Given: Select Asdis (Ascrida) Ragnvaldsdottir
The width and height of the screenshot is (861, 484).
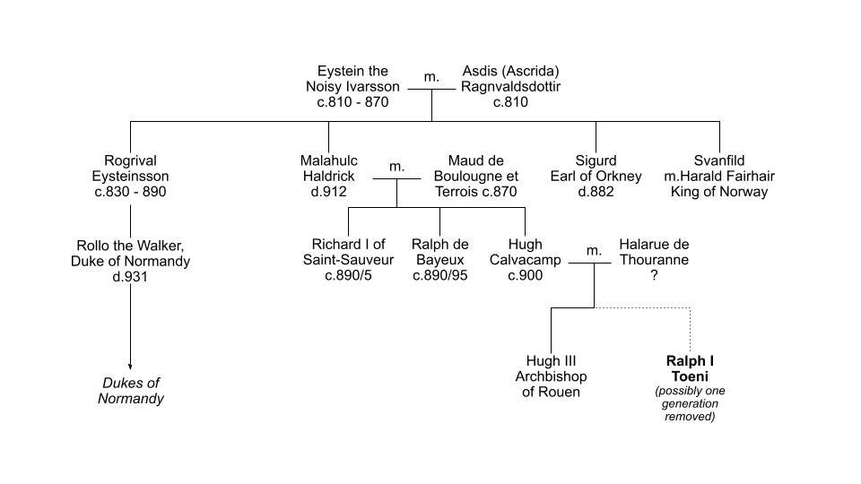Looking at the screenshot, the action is pyautogui.click(x=510, y=86).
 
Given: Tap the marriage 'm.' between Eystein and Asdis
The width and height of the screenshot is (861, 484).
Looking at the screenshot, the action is pyautogui.click(x=431, y=77).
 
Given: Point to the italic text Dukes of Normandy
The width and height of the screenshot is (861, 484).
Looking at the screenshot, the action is pyautogui.click(x=131, y=391).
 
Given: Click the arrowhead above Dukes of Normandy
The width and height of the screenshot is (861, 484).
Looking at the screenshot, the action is pyautogui.click(x=131, y=366).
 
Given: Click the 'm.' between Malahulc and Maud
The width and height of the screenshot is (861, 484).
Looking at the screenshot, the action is pyautogui.click(x=396, y=168).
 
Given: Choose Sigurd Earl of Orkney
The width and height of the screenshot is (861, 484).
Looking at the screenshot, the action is pyautogui.click(x=596, y=176).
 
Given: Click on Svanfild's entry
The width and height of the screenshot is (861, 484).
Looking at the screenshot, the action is pyautogui.click(x=719, y=176).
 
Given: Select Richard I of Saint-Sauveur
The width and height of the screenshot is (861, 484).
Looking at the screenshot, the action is pyautogui.click(x=348, y=259).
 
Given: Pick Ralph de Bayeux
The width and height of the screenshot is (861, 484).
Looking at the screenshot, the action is pyautogui.click(x=440, y=259).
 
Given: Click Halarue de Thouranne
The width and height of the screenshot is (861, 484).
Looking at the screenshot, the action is pyautogui.click(x=654, y=252).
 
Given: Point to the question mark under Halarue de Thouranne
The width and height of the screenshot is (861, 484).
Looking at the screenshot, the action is pyautogui.click(x=654, y=276).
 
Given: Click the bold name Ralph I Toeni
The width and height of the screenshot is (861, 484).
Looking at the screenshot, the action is pyautogui.click(x=690, y=368).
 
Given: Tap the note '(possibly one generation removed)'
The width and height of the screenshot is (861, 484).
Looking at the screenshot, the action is pyautogui.click(x=690, y=403).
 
